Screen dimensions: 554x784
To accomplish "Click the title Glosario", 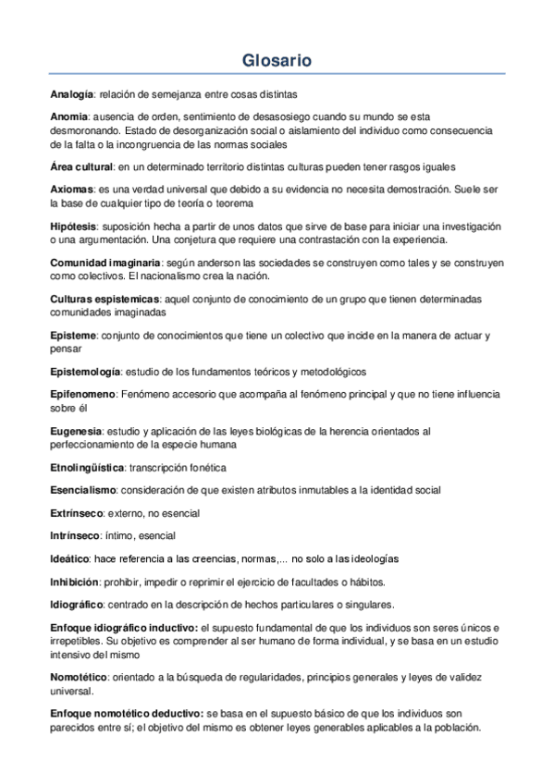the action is [x=277, y=61].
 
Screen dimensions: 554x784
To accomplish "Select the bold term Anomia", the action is [x=68, y=117].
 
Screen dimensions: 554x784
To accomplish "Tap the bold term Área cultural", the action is [x=81, y=166].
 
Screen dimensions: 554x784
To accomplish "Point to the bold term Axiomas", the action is [x=70, y=189].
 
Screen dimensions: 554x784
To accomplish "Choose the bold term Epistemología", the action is [x=85, y=372].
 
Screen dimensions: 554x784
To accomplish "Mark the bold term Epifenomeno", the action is [x=82, y=394].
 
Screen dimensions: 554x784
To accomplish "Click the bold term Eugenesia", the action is [x=76, y=431].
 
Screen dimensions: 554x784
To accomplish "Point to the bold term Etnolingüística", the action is [x=87, y=467].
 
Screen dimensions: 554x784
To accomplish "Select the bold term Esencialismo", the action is [x=83, y=489].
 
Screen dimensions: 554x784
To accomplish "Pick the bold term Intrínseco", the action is [x=75, y=535].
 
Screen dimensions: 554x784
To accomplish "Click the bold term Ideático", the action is [x=69, y=558].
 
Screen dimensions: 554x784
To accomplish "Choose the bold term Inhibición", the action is [x=73, y=582].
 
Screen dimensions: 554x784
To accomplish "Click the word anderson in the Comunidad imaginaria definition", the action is [x=239, y=263].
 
